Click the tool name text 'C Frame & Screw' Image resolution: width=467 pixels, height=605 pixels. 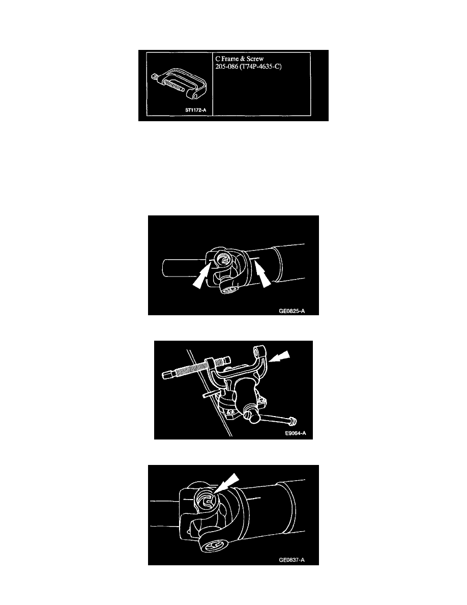pyautogui.click(x=239, y=59)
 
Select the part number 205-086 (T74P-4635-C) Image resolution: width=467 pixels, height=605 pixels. pyautogui.click(x=249, y=66)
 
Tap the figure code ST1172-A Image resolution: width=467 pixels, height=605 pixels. pyautogui.click(x=196, y=110)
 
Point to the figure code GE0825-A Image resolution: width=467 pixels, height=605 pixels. pyautogui.click(x=291, y=311)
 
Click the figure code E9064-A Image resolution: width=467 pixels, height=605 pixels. pyautogui.click(x=296, y=433)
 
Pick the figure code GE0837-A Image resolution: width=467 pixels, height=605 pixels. pyautogui.click(x=291, y=560)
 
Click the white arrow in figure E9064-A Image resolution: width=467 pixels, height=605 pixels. pyautogui.click(x=279, y=356)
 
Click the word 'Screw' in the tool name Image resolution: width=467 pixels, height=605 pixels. pyautogui.click(x=255, y=59)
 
